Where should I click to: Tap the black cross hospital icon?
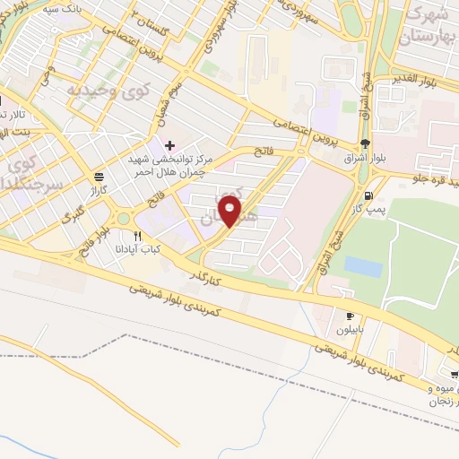(169, 144)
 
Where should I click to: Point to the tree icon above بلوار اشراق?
(363, 143)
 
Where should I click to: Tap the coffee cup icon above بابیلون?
(350, 316)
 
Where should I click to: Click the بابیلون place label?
(350, 329)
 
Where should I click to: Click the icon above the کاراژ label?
(98, 177)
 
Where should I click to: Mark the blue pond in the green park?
(362, 266)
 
